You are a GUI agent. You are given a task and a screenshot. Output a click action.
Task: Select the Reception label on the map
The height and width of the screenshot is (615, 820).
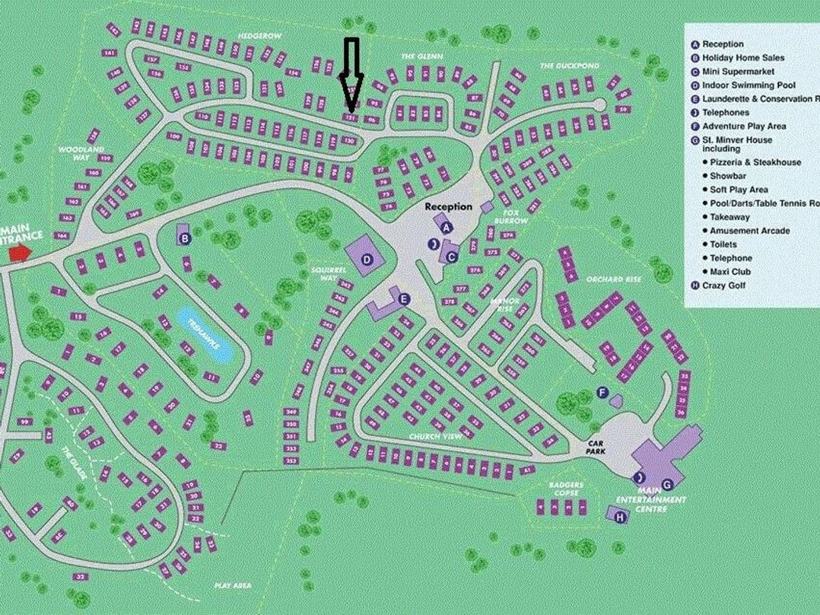click(x=448, y=206)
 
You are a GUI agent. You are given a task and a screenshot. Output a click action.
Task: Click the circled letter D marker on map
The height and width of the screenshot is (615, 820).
click(x=367, y=260)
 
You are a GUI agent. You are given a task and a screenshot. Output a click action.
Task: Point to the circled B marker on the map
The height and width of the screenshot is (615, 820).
click(x=184, y=238)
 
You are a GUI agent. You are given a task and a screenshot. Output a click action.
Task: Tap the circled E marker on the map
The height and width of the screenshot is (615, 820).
click(x=403, y=299)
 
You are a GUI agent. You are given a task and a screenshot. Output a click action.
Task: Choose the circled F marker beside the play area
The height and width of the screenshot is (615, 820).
click(x=602, y=393)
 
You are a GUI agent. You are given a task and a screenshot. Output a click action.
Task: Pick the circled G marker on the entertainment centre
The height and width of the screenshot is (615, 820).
click(x=667, y=483)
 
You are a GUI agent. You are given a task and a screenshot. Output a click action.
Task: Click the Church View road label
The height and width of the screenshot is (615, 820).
click(x=435, y=436)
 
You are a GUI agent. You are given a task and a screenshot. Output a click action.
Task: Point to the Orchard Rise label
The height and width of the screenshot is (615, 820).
click(x=614, y=279)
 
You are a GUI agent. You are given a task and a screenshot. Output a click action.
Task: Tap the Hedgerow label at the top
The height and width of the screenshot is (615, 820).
click(x=259, y=36)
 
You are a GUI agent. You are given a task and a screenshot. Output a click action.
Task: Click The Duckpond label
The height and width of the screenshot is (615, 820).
click(x=570, y=66)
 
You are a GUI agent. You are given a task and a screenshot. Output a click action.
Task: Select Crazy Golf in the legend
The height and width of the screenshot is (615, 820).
click(x=723, y=285)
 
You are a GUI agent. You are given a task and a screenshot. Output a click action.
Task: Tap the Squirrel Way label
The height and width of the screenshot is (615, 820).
click(x=323, y=274)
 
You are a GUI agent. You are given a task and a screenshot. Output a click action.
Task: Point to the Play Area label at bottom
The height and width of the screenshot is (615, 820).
click(x=233, y=585)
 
